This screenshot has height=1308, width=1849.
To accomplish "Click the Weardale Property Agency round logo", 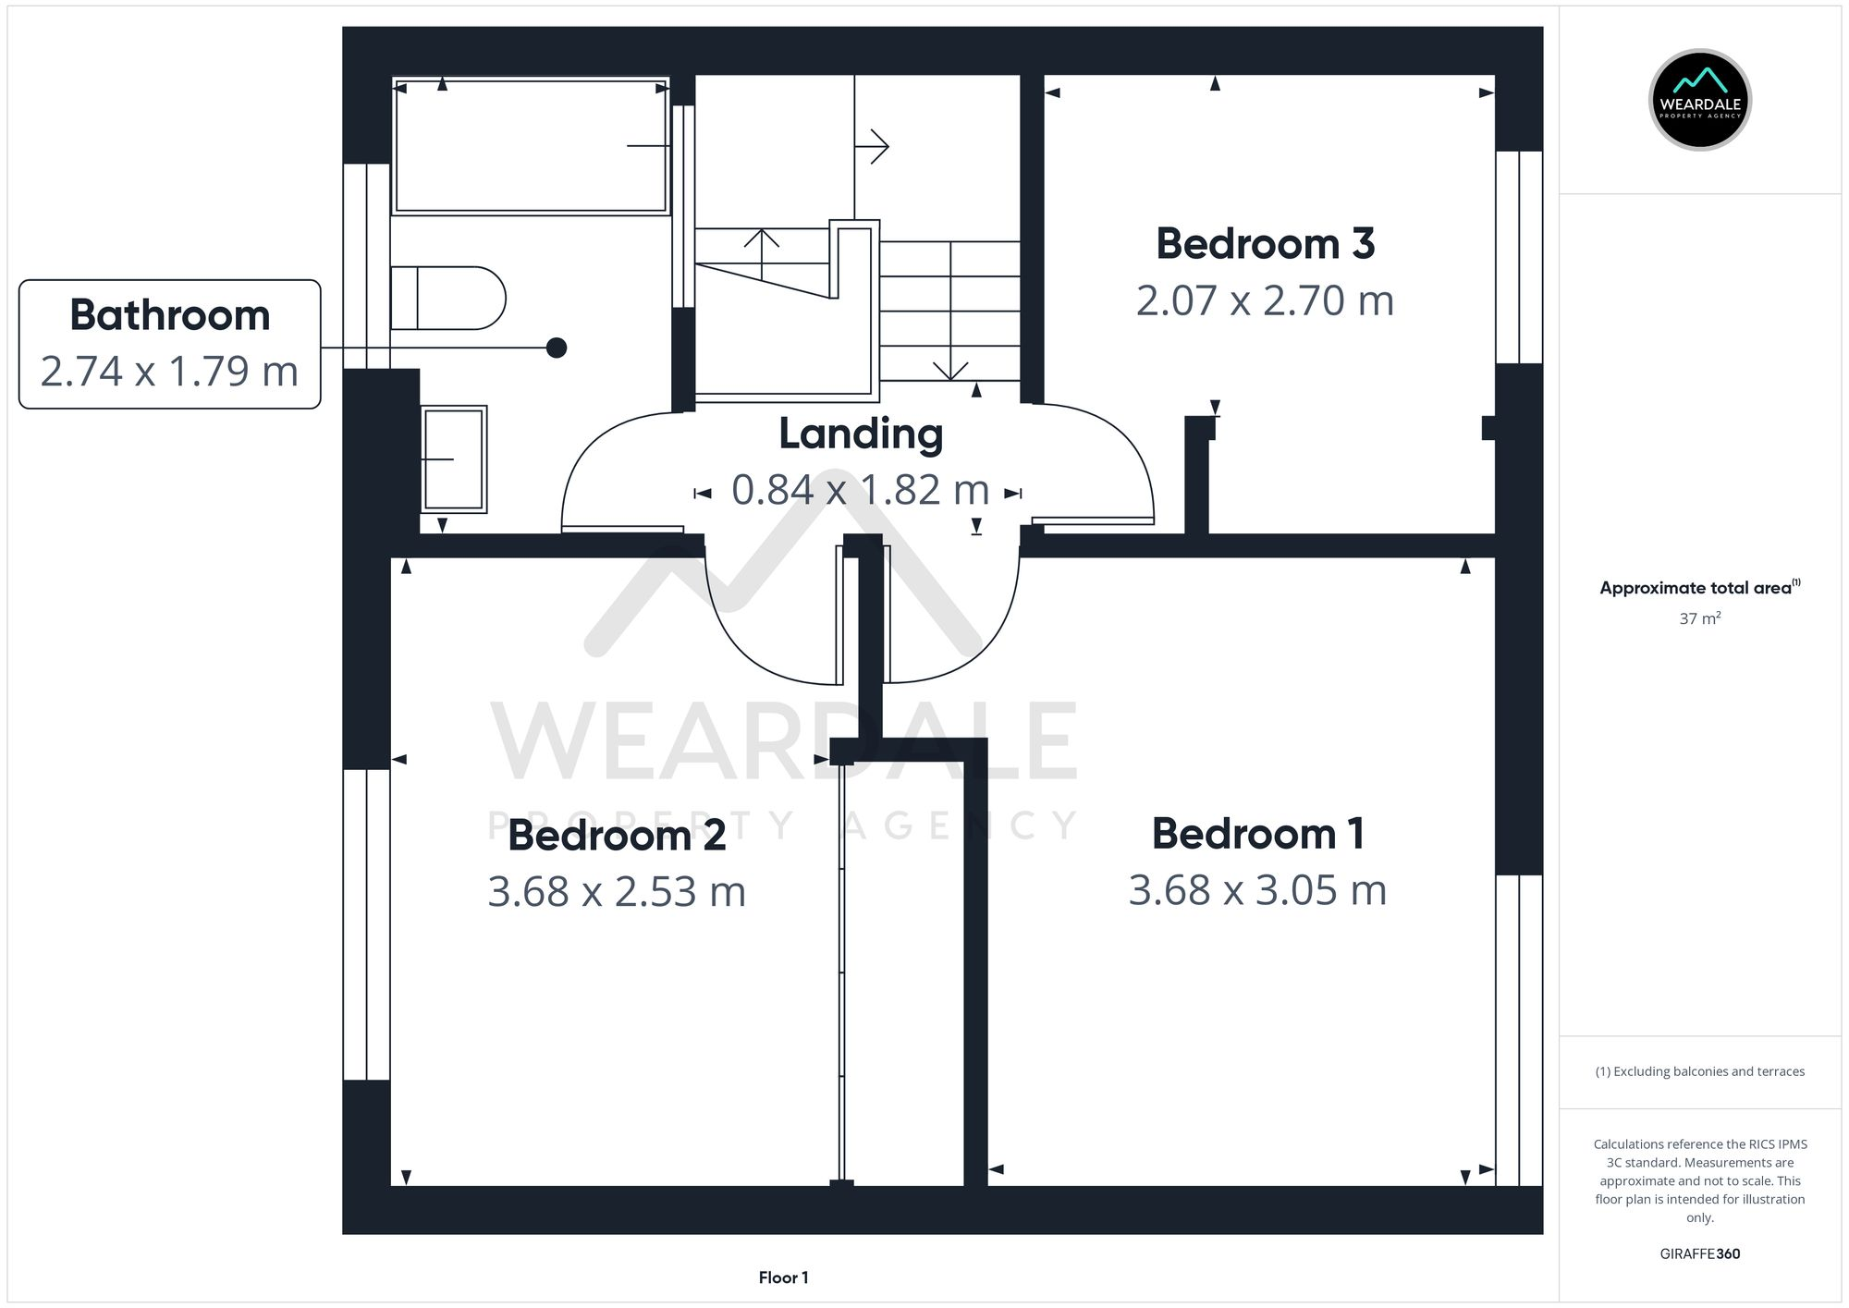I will click(1699, 100).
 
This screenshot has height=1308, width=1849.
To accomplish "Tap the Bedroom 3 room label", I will click(1265, 244).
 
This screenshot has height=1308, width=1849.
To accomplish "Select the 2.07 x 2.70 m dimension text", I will click(1265, 301).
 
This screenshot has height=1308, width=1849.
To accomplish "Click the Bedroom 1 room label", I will click(1257, 834).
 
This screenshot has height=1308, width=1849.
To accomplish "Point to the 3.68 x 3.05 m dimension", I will click(1257, 891).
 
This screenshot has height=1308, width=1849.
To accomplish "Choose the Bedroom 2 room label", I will click(617, 836).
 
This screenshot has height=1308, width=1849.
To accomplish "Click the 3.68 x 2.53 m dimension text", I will click(617, 892).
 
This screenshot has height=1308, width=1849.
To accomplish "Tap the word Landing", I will click(860, 434).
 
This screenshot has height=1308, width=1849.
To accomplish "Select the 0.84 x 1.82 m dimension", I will click(860, 490).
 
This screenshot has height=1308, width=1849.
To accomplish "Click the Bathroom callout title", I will click(170, 315).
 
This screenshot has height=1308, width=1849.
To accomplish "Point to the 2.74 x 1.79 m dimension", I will click(170, 372).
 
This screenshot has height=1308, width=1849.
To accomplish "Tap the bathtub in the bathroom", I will click(530, 146).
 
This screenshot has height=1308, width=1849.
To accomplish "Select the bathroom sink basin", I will click(454, 458).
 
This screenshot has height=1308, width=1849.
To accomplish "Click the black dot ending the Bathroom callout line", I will click(557, 348).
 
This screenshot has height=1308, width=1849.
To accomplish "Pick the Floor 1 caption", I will click(783, 1277).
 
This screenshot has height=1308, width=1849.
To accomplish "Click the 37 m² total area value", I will click(1699, 618).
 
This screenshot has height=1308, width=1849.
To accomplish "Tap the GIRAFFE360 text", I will click(1699, 1253).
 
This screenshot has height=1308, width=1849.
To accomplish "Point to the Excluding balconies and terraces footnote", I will click(1699, 1071).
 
